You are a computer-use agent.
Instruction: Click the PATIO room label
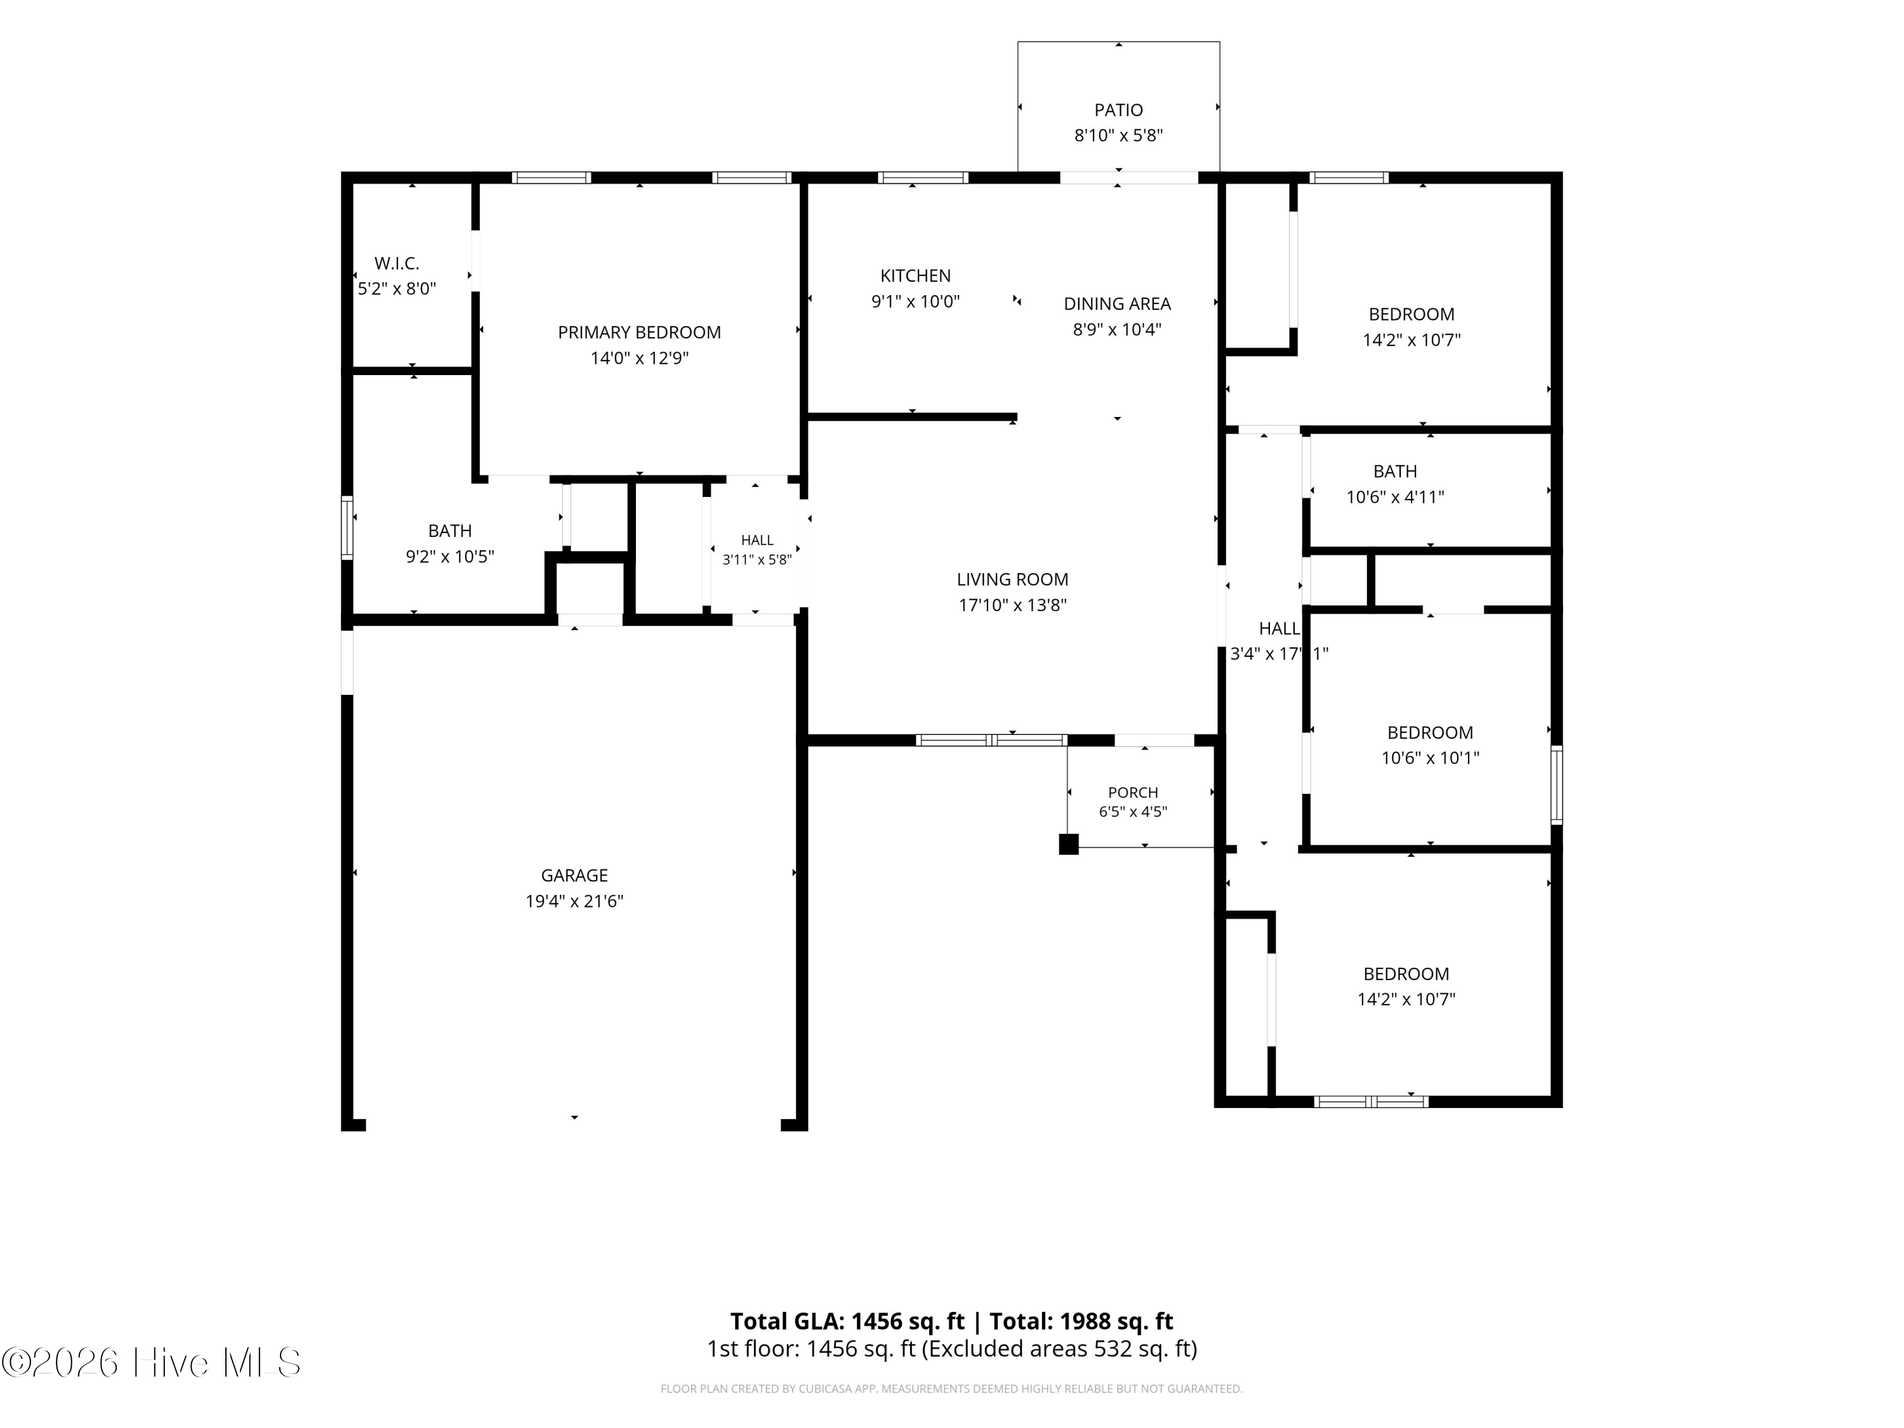pyautogui.click(x=1118, y=110)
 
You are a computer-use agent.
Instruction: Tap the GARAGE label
pyautogui.click(x=574, y=875)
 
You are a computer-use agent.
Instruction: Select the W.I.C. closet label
pyautogui.click(x=397, y=263)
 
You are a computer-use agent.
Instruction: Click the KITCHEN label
pyautogui.click(x=915, y=275)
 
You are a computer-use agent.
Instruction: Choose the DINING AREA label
pyautogui.click(x=1117, y=304)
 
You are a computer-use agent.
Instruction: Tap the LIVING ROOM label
pyautogui.click(x=1012, y=579)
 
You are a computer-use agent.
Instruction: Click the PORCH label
pyautogui.click(x=1133, y=792)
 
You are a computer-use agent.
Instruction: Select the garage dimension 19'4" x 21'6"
pyautogui.click(x=574, y=901)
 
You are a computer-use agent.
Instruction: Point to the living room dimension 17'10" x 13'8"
pyautogui.click(x=1012, y=605)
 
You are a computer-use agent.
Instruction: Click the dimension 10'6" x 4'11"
pyautogui.click(x=1394, y=497)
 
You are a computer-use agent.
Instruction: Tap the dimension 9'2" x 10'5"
pyautogui.click(x=449, y=557)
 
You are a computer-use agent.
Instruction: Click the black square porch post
pyautogui.click(x=1068, y=844)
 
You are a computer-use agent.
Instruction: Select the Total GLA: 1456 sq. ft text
pyautogui.click(x=847, y=1321)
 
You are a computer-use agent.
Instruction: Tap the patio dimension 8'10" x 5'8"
pyautogui.click(x=1118, y=136)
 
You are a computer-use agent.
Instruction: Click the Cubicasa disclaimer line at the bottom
pyautogui.click(x=951, y=1389)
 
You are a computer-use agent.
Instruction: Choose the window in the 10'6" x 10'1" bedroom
pyautogui.click(x=1556, y=785)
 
